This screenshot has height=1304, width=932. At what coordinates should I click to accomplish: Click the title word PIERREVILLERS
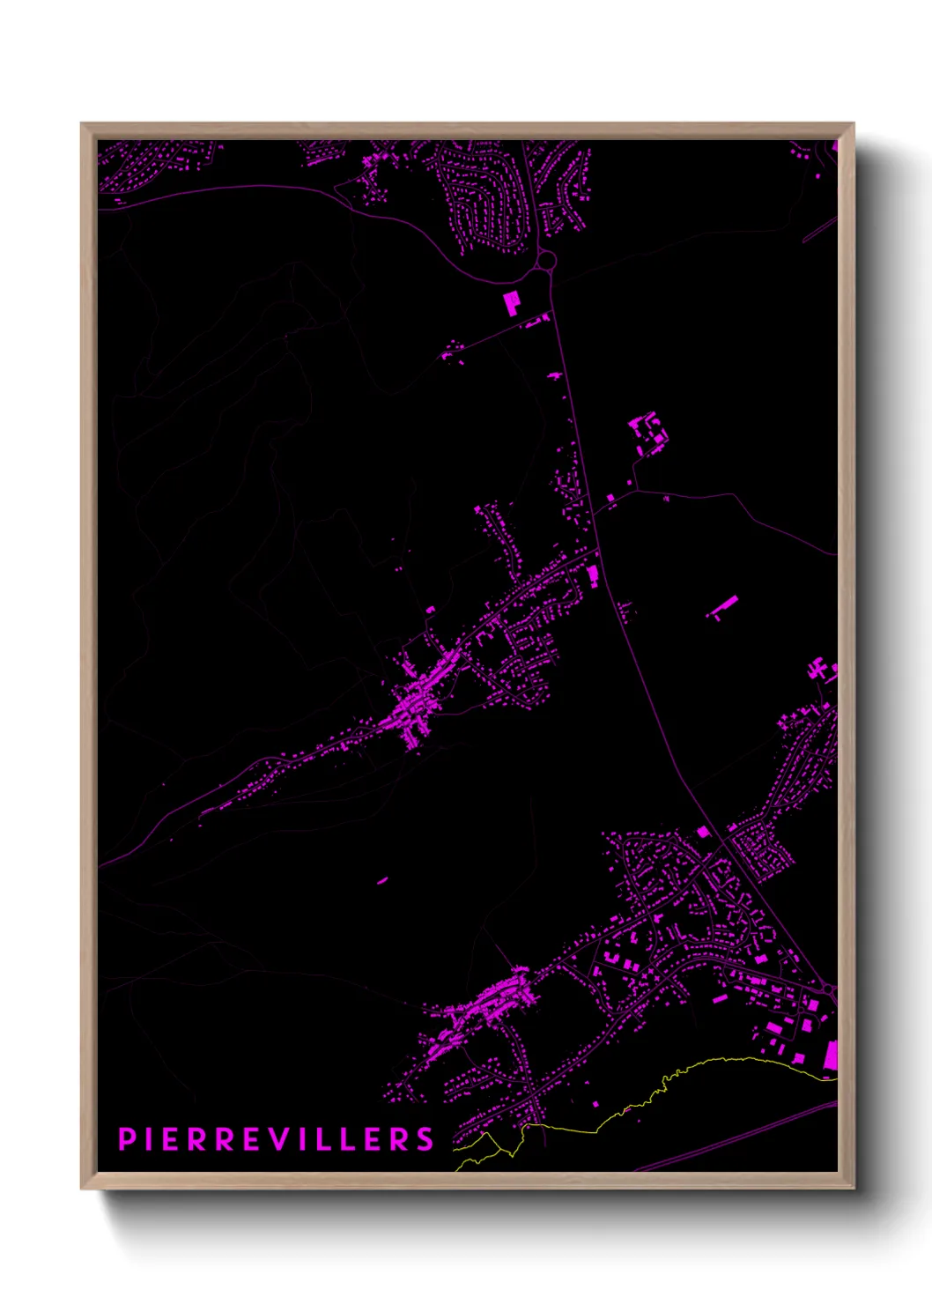(276, 1138)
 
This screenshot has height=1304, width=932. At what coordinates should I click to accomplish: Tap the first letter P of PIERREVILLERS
(125, 1138)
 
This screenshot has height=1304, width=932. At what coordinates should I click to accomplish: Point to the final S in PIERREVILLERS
(425, 1138)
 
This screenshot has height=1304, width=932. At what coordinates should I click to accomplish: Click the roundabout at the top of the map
(546, 261)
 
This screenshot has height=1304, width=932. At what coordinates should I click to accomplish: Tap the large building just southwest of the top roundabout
(511, 303)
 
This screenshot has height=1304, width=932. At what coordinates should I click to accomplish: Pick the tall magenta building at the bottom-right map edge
(830, 1057)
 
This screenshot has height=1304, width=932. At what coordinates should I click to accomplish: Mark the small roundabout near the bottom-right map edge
(828, 990)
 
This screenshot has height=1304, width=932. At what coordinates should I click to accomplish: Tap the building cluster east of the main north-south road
(648, 433)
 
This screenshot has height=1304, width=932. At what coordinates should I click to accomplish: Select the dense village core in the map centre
(414, 705)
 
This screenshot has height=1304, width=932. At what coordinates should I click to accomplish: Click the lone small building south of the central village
(382, 879)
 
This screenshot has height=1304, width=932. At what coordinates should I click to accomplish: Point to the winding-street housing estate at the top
(480, 198)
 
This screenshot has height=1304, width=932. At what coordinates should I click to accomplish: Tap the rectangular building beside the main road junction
(593, 576)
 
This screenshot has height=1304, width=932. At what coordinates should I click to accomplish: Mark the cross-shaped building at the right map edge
(822, 670)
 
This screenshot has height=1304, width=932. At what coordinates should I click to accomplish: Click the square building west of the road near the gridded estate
(702, 832)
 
